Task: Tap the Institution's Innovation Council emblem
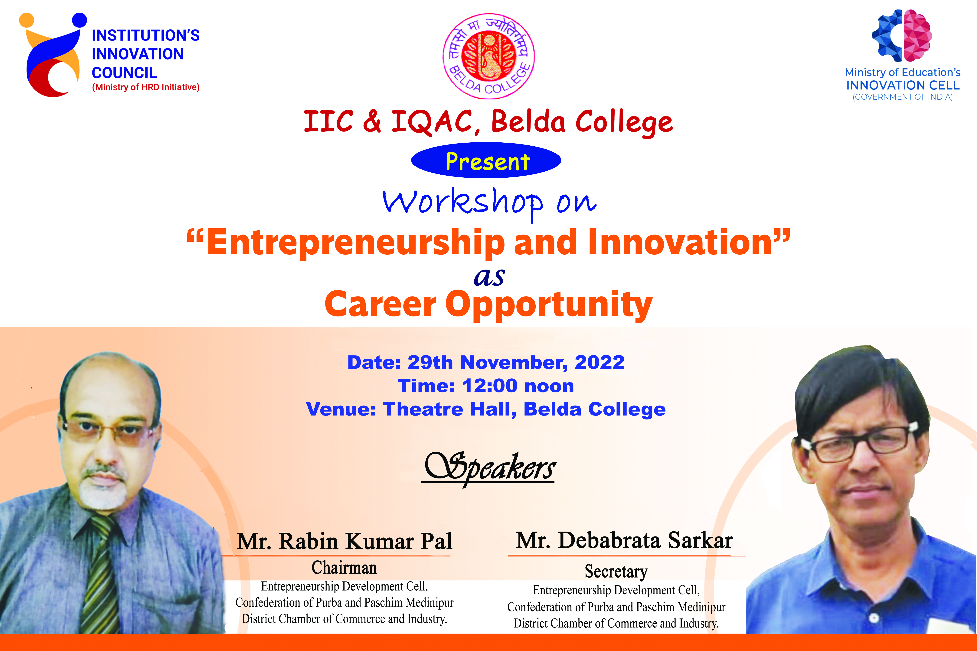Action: [x=53, y=55]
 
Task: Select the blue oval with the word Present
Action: [x=486, y=161]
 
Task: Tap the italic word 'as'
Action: [x=489, y=277]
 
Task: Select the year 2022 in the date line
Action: [x=599, y=362]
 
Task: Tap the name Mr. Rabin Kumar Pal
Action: [x=344, y=541]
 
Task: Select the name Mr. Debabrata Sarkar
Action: [x=624, y=540]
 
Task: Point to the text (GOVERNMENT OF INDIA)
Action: [x=903, y=97]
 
